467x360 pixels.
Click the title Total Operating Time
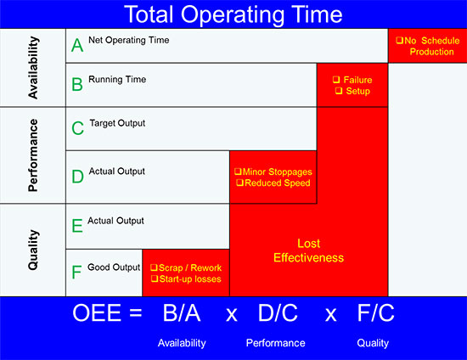pos(233,15)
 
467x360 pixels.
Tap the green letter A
pos(77,45)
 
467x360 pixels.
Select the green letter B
pos(77,84)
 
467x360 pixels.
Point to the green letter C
pos(77,128)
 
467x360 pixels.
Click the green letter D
pos(77,177)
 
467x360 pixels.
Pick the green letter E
pos(77,225)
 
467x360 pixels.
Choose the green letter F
pos(76,272)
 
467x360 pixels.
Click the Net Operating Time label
pos(129,40)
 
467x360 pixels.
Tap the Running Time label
pos(117,80)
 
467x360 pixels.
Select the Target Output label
pos(117,123)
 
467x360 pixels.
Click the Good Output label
pos(114,267)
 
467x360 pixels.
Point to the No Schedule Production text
pos(428,46)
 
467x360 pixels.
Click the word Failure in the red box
pos(357,80)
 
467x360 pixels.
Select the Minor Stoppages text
pos(278,172)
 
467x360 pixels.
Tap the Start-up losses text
pos(190,279)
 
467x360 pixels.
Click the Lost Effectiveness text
pos(308,250)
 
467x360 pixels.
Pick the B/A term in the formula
pos(182,313)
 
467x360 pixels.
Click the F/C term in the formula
pos(375,313)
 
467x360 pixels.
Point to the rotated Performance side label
pos(33,155)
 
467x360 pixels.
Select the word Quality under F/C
pos(373,343)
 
